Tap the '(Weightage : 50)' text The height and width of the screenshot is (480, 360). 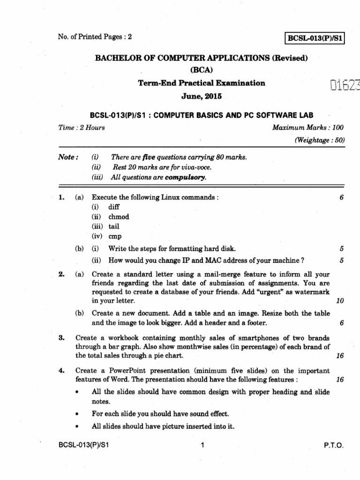click(320, 140)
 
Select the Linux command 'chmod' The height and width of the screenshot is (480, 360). click(119, 217)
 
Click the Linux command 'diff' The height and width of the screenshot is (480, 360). click(114, 207)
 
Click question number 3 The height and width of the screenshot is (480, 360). click(61, 338)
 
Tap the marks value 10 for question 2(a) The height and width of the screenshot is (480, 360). click(340, 300)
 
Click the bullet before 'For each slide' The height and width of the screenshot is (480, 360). click(76, 414)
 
